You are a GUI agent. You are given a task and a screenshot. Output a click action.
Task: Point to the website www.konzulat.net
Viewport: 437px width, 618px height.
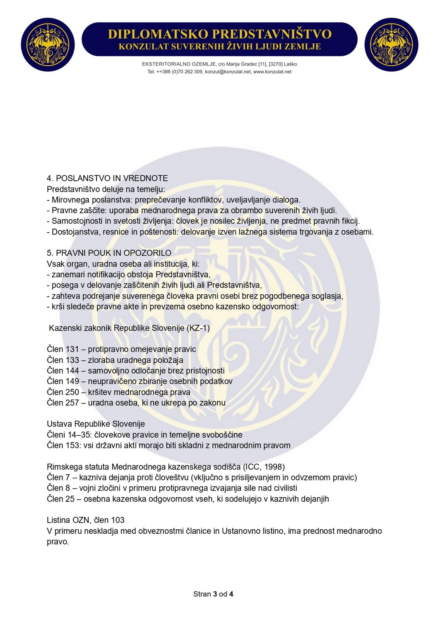[x=272, y=72]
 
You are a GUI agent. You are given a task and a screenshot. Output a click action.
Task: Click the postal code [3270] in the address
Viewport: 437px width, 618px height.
[x=276, y=64]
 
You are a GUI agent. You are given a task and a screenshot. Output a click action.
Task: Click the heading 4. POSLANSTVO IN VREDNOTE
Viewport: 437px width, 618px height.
[x=107, y=178]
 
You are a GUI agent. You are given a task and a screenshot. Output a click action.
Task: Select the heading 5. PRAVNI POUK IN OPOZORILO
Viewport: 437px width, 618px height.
[x=109, y=253]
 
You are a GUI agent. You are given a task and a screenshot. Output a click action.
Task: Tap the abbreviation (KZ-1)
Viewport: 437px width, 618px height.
[x=198, y=328]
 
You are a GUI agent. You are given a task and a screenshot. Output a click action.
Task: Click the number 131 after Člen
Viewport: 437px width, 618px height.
[x=72, y=349]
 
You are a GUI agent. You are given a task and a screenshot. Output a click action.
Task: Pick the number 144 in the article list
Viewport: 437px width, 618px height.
[x=72, y=371]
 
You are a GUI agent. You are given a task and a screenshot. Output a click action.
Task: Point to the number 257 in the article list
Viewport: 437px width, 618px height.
[x=72, y=403]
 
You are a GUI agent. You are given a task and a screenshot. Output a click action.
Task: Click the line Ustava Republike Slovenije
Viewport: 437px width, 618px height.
[x=96, y=424]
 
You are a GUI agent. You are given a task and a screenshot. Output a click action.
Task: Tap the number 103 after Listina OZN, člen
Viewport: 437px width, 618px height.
[x=118, y=520]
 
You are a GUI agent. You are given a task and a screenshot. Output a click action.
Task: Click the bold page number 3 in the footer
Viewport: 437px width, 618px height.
[x=215, y=594]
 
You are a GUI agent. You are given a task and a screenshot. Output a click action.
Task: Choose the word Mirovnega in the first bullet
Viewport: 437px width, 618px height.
[x=71, y=200]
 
